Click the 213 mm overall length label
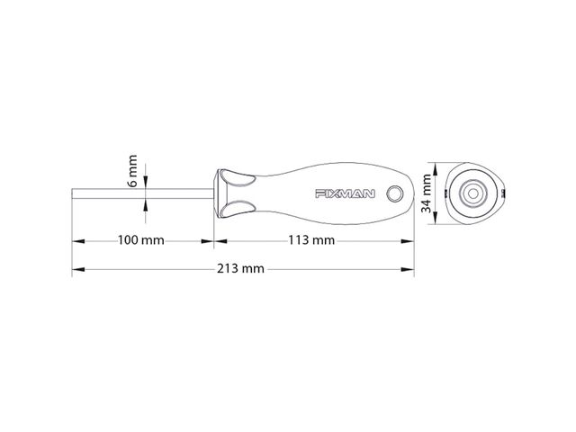[x=240, y=268]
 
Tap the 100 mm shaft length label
[x=140, y=240]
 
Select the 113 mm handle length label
[x=311, y=240]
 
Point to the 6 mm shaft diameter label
[x=132, y=171]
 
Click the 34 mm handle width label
[x=426, y=193]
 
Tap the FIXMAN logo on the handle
[x=345, y=193]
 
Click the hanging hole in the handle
[x=395, y=193]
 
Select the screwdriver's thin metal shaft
[x=142, y=193]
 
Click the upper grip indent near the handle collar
[x=237, y=179]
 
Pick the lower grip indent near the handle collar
[x=237, y=209]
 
